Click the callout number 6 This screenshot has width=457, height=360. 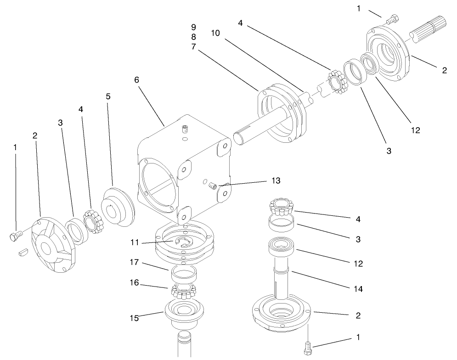pyautogui.click(x=136, y=79)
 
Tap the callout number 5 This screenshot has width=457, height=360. pyautogui.click(x=108, y=96)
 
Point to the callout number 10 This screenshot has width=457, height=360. pyautogui.click(x=215, y=34)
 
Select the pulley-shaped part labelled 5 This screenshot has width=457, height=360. pyautogui.click(x=117, y=207)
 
